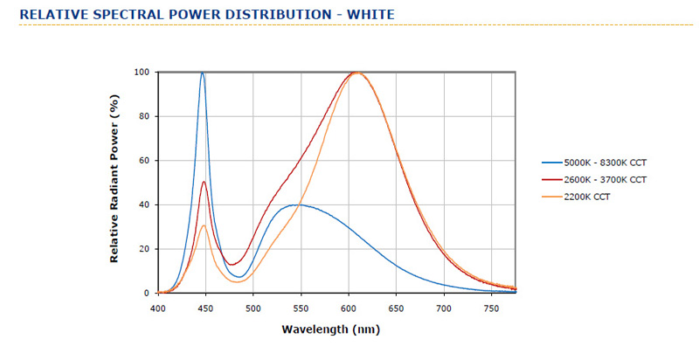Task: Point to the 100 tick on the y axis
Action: [x=141, y=72]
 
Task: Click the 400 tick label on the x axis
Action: [x=158, y=308]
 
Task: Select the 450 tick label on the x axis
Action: [x=205, y=308]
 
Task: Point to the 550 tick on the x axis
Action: [x=301, y=308]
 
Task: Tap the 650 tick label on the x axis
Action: [x=397, y=308]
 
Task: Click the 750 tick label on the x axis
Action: [x=492, y=308]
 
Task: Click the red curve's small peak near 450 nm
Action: [x=204, y=182]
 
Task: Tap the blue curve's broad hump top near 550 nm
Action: [x=300, y=204]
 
